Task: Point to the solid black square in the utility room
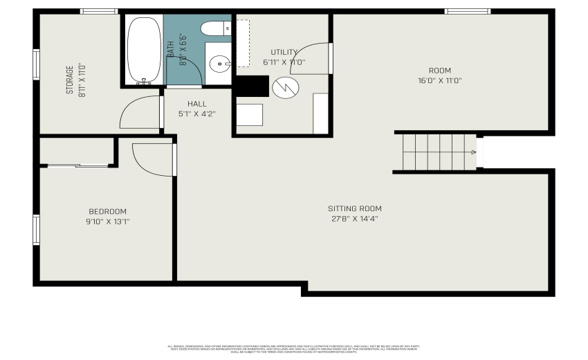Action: coord(252,86)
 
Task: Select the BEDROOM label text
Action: coord(107,211)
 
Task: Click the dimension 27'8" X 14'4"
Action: coord(354,219)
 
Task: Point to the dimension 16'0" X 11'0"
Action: coord(439,80)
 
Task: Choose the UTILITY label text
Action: coord(284,52)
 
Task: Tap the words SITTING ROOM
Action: coord(354,208)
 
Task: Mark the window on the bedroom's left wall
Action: coord(36,229)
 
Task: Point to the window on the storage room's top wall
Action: coord(99,11)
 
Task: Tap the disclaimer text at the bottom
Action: coord(294,348)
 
